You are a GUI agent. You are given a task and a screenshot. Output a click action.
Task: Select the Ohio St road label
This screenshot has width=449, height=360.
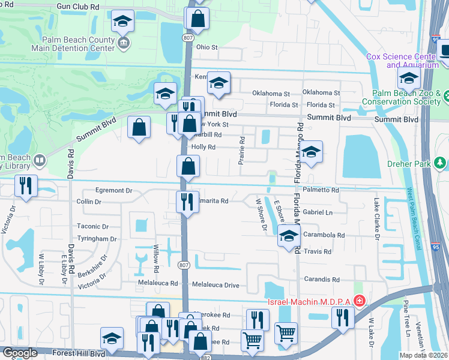[x=206, y=47]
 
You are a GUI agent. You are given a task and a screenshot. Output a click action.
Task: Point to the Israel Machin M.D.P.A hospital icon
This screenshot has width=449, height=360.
[x=359, y=300]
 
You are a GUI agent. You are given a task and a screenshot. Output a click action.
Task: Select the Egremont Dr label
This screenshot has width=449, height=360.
[x=113, y=190]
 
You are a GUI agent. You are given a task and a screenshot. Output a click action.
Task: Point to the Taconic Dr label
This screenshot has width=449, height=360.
[x=92, y=227]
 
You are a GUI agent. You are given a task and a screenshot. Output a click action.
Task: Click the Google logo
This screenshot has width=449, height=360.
[x=20, y=353]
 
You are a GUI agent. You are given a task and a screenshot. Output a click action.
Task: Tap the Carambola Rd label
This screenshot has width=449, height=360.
[x=324, y=236]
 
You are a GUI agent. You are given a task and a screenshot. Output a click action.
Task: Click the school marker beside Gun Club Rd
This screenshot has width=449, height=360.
[x=122, y=23]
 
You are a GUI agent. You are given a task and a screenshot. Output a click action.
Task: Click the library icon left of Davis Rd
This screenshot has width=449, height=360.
[x=39, y=160]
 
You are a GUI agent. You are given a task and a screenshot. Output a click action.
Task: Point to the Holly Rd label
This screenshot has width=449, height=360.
[x=202, y=147]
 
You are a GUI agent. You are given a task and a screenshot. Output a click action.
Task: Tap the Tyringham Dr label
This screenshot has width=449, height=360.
[x=97, y=239]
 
